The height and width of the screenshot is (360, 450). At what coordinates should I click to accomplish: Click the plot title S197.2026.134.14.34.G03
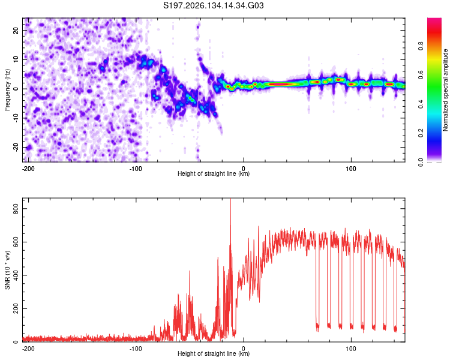coord(213,5)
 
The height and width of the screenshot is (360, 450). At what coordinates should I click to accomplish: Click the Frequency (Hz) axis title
coord(7,90)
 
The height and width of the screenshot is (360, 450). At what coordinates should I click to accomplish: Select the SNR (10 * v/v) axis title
coord(7,270)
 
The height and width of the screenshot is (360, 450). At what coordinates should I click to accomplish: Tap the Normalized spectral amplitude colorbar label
coord(445,90)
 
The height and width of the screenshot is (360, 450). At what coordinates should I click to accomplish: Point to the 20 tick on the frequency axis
coord(16,30)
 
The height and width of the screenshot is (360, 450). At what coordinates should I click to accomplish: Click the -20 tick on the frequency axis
coord(16,147)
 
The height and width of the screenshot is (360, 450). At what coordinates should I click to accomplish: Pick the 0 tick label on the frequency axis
coord(16,89)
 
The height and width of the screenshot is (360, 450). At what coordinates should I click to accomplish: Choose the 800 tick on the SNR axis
coord(16,209)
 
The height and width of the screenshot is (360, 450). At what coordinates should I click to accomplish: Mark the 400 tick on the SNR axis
coord(16,275)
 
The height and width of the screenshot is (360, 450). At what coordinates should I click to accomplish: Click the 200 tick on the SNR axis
coord(16,308)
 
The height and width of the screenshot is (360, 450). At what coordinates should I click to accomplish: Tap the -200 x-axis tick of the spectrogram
coord(28,169)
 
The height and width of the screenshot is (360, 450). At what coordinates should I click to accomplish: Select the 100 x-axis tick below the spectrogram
coord(351,169)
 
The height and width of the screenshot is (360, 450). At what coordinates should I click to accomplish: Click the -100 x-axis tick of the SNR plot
coord(136,349)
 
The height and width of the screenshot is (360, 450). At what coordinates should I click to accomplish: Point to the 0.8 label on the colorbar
coord(421,46)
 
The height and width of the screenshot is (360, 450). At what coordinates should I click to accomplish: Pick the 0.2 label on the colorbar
coord(421,133)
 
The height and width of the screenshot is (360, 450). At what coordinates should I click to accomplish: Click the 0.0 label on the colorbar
coord(421,162)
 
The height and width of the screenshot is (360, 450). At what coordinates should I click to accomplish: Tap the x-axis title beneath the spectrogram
coord(214,173)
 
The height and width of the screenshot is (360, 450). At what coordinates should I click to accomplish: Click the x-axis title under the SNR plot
coord(214,353)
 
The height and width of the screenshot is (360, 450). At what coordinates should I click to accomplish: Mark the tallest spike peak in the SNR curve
coord(230,199)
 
